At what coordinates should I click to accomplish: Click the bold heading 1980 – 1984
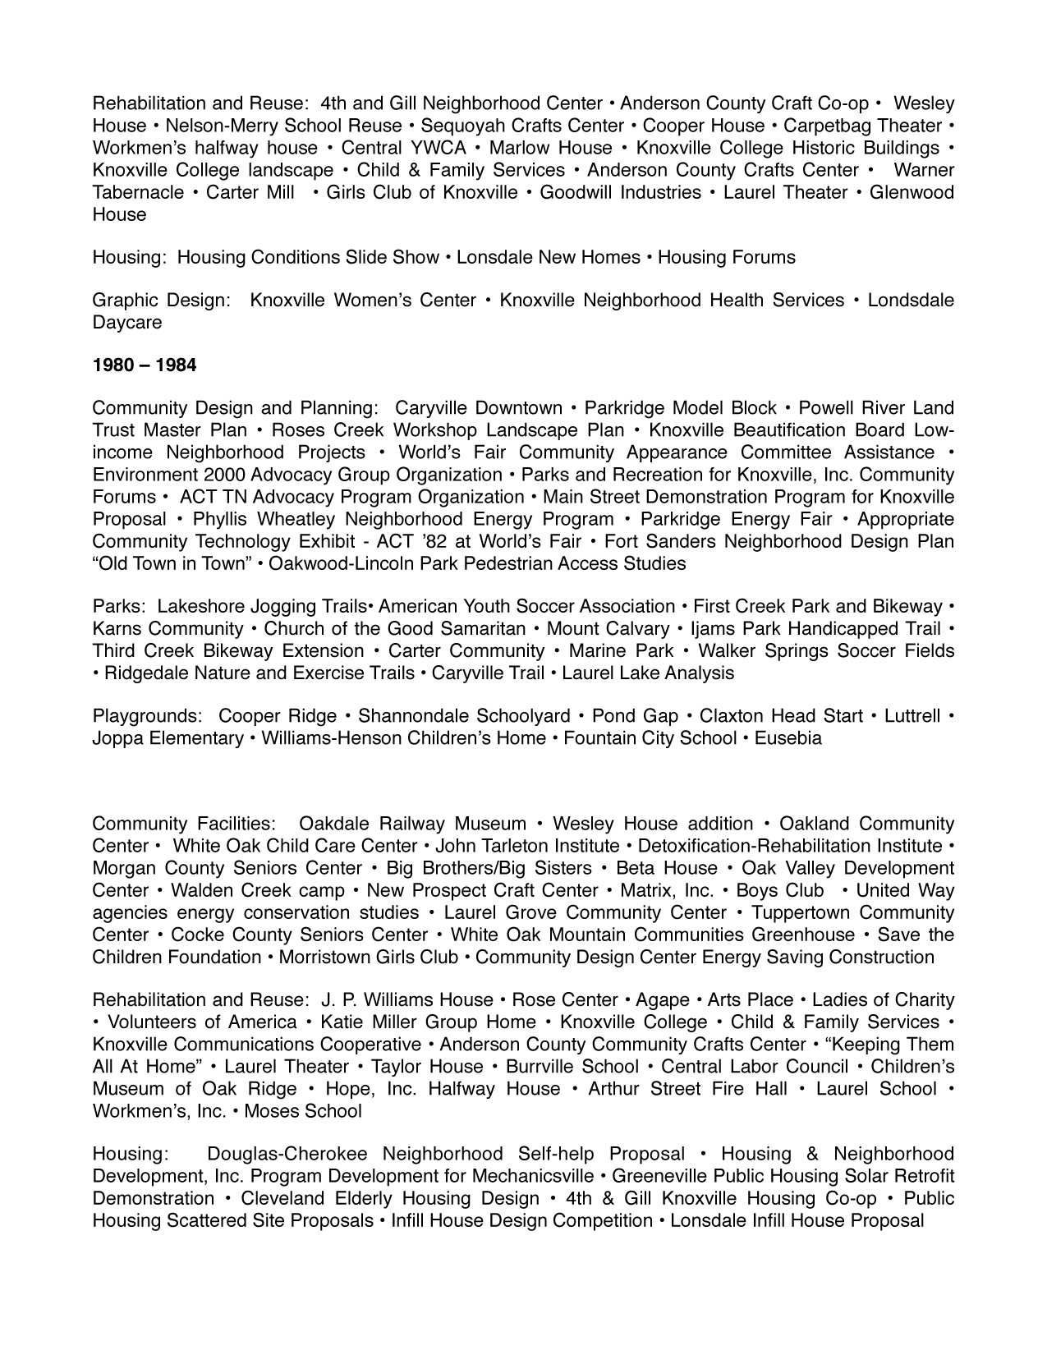click(x=145, y=365)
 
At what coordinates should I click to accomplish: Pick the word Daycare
click(x=127, y=323)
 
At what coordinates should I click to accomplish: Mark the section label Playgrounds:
click(x=148, y=716)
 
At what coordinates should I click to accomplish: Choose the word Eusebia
click(x=788, y=738)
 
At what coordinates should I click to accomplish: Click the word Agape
click(x=663, y=1000)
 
